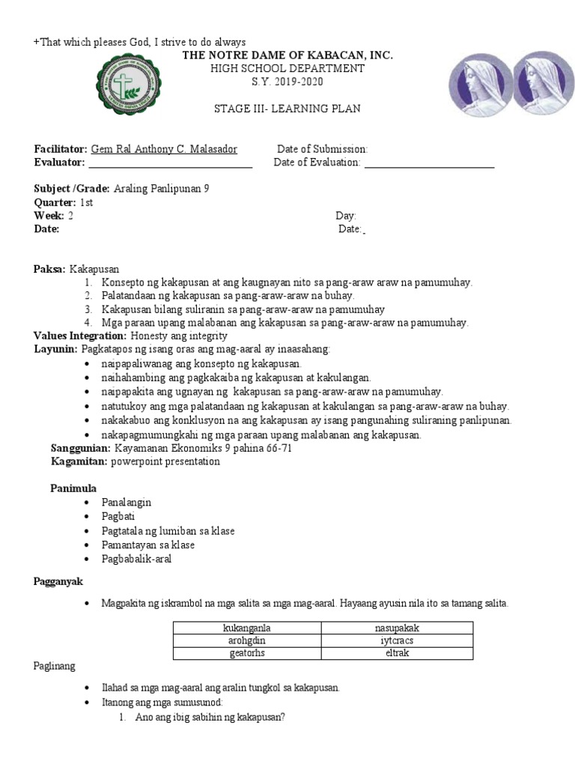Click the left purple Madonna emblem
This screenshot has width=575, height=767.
click(x=480, y=85)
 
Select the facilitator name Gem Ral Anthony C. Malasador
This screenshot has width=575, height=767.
click(x=164, y=149)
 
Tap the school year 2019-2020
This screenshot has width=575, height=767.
click(x=287, y=81)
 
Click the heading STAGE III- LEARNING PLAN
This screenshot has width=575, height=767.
click(x=287, y=109)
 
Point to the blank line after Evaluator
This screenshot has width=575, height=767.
click(x=170, y=163)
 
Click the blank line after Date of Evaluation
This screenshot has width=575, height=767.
click(x=429, y=163)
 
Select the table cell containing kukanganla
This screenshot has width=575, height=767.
click(x=247, y=628)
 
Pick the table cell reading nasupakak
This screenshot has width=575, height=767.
click(x=397, y=628)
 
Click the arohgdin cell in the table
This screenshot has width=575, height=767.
click(x=247, y=640)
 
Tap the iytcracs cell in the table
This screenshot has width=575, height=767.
click(x=397, y=640)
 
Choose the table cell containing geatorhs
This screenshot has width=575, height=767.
click(x=247, y=652)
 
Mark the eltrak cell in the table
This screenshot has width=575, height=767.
click(x=397, y=652)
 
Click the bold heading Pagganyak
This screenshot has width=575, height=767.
click(x=58, y=581)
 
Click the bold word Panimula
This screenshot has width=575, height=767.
click(x=73, y=488)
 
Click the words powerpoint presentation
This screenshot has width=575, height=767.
click(x=165, y=461)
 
